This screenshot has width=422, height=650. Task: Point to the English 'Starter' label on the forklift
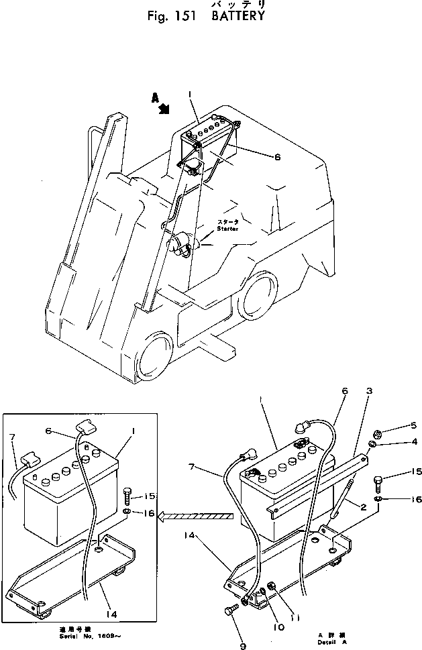tap(227, 228)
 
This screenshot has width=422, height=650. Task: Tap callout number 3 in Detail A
tap(369, 390)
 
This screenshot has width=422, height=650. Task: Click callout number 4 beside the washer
tap(396, 442)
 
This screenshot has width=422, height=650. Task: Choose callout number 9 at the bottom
tap(244, 645)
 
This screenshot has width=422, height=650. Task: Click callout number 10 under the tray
tap(278, 627)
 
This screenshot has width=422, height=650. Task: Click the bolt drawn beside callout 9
tap(229, 611)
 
